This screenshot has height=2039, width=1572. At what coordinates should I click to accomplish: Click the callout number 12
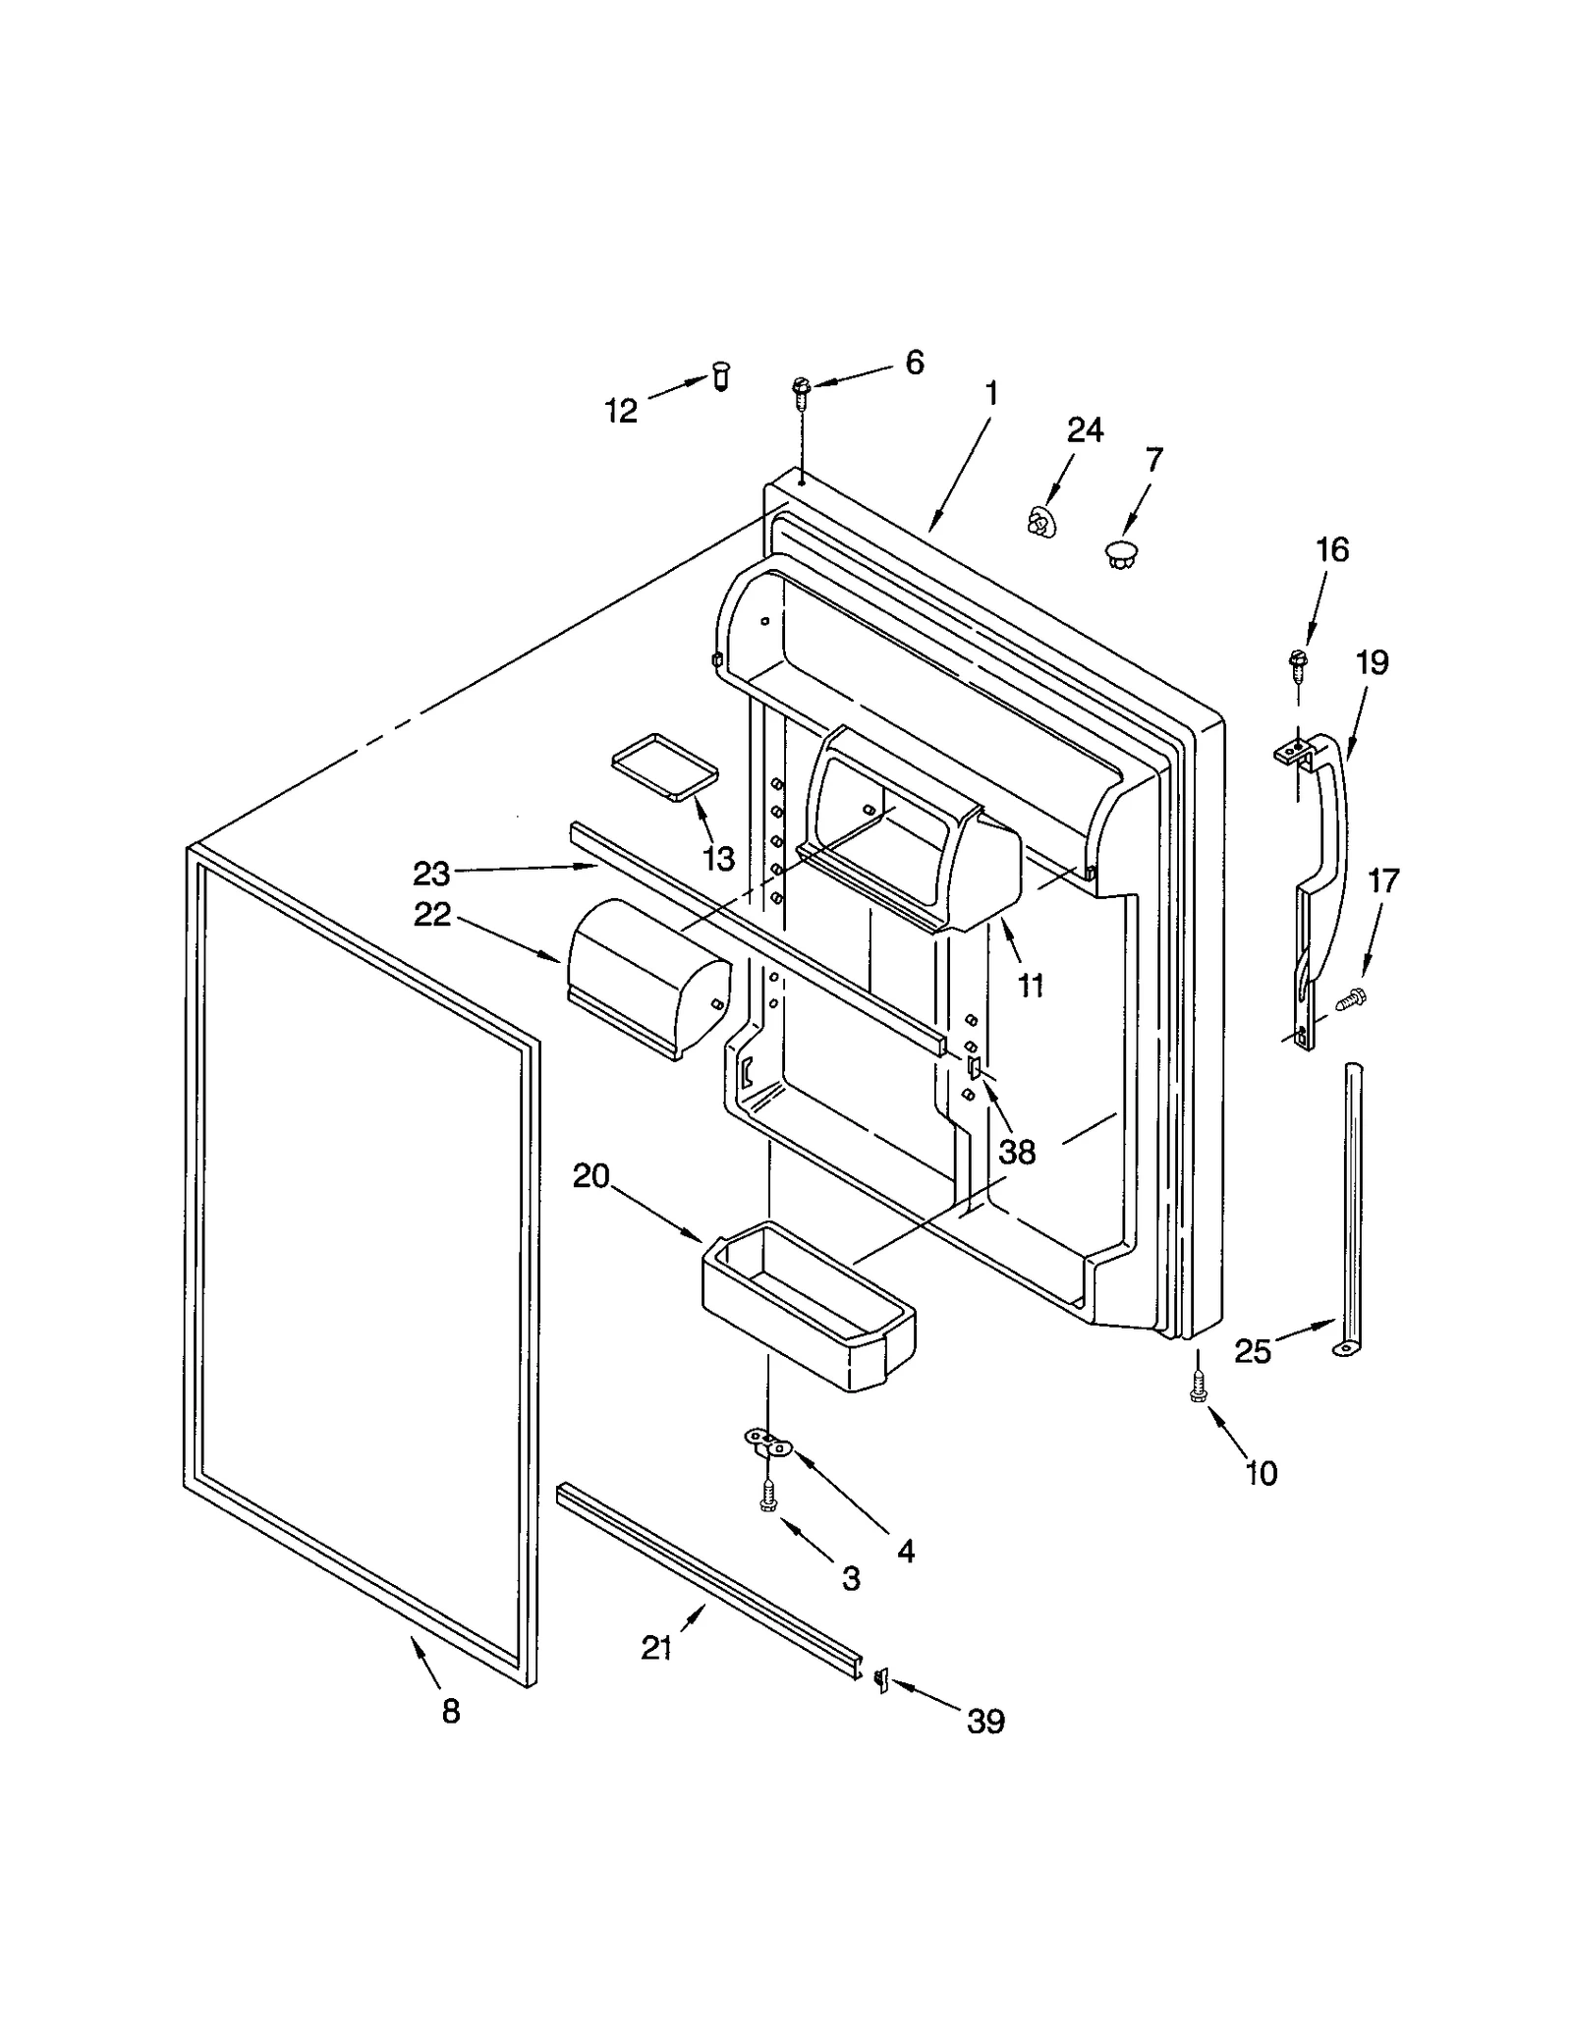click(620, 410)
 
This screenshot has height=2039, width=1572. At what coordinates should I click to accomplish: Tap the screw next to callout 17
click(1353, 999)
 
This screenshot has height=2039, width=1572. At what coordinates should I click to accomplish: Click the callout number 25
click(1253, 1352)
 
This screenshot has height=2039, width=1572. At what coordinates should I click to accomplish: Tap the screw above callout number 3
click(768, 1523)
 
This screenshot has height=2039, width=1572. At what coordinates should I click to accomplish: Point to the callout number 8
click(450, 1711)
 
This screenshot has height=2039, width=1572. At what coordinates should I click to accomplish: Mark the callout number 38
click(1017, 1152)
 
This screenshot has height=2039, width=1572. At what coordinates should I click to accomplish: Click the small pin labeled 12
click(721, 376)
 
